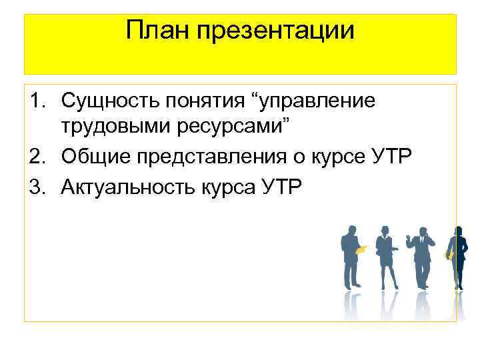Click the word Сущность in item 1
107,101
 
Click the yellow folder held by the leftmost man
362,250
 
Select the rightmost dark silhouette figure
457,260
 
